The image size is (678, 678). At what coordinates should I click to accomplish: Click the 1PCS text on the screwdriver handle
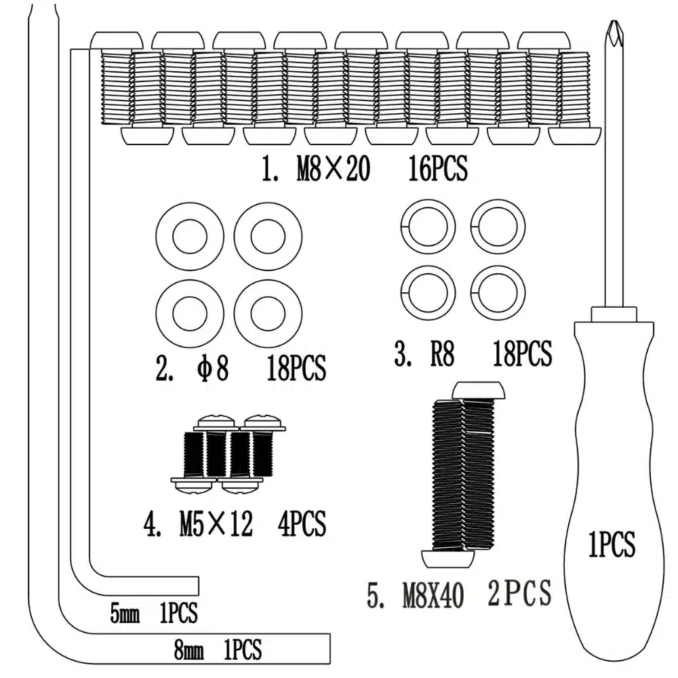[612, 544]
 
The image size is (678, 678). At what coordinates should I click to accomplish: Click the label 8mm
[188, 652]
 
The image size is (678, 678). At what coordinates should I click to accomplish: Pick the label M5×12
[216, 524]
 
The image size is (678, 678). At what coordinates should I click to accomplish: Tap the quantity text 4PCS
[302, 524]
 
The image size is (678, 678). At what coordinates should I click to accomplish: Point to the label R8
[442, 355]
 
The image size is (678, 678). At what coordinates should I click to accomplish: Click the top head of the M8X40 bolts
[479, 391]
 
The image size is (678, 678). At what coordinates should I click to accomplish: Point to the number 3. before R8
[403, 355]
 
